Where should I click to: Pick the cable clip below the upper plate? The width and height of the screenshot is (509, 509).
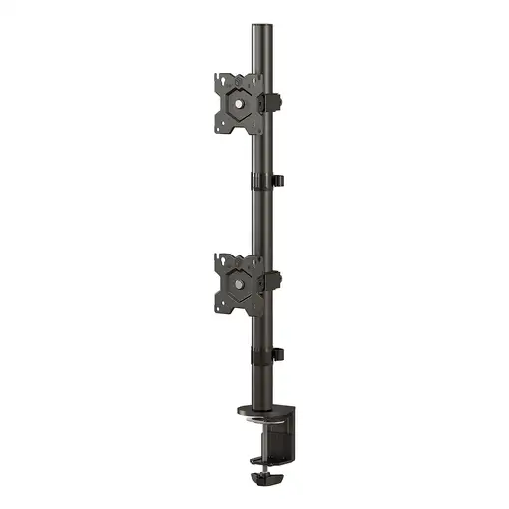[x=265, y=181]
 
